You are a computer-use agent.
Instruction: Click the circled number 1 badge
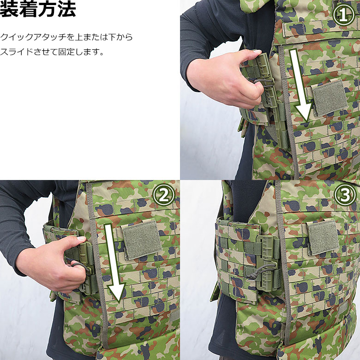pos(344,15)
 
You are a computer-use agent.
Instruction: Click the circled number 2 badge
pos(163,196)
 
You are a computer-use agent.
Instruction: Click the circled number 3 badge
pos(345,196)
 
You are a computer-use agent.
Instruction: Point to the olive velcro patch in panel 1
pos(330,97)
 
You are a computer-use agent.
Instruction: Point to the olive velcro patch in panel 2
pos(142,239)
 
